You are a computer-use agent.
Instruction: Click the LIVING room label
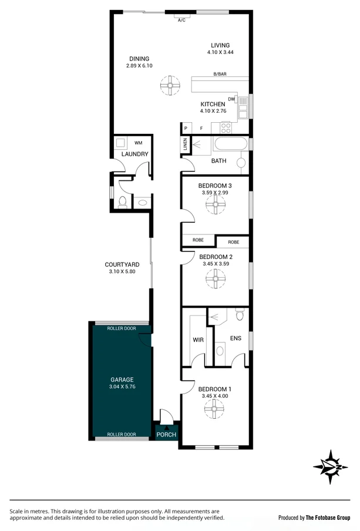220,45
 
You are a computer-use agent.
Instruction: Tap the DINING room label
139,59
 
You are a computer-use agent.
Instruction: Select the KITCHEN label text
213,104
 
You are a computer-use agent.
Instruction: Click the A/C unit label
181,21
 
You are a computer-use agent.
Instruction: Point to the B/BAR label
221,75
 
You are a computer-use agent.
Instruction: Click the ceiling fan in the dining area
170,87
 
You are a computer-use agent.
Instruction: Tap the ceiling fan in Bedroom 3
215,204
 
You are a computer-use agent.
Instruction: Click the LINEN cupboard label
185,144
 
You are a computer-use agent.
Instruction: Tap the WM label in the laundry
139,142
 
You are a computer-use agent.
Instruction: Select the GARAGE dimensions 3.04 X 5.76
122,387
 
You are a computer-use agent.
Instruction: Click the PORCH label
166,435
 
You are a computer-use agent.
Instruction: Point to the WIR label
198,340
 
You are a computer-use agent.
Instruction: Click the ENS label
234,338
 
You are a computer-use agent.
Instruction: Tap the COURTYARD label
122,265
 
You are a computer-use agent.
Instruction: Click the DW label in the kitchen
231,99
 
